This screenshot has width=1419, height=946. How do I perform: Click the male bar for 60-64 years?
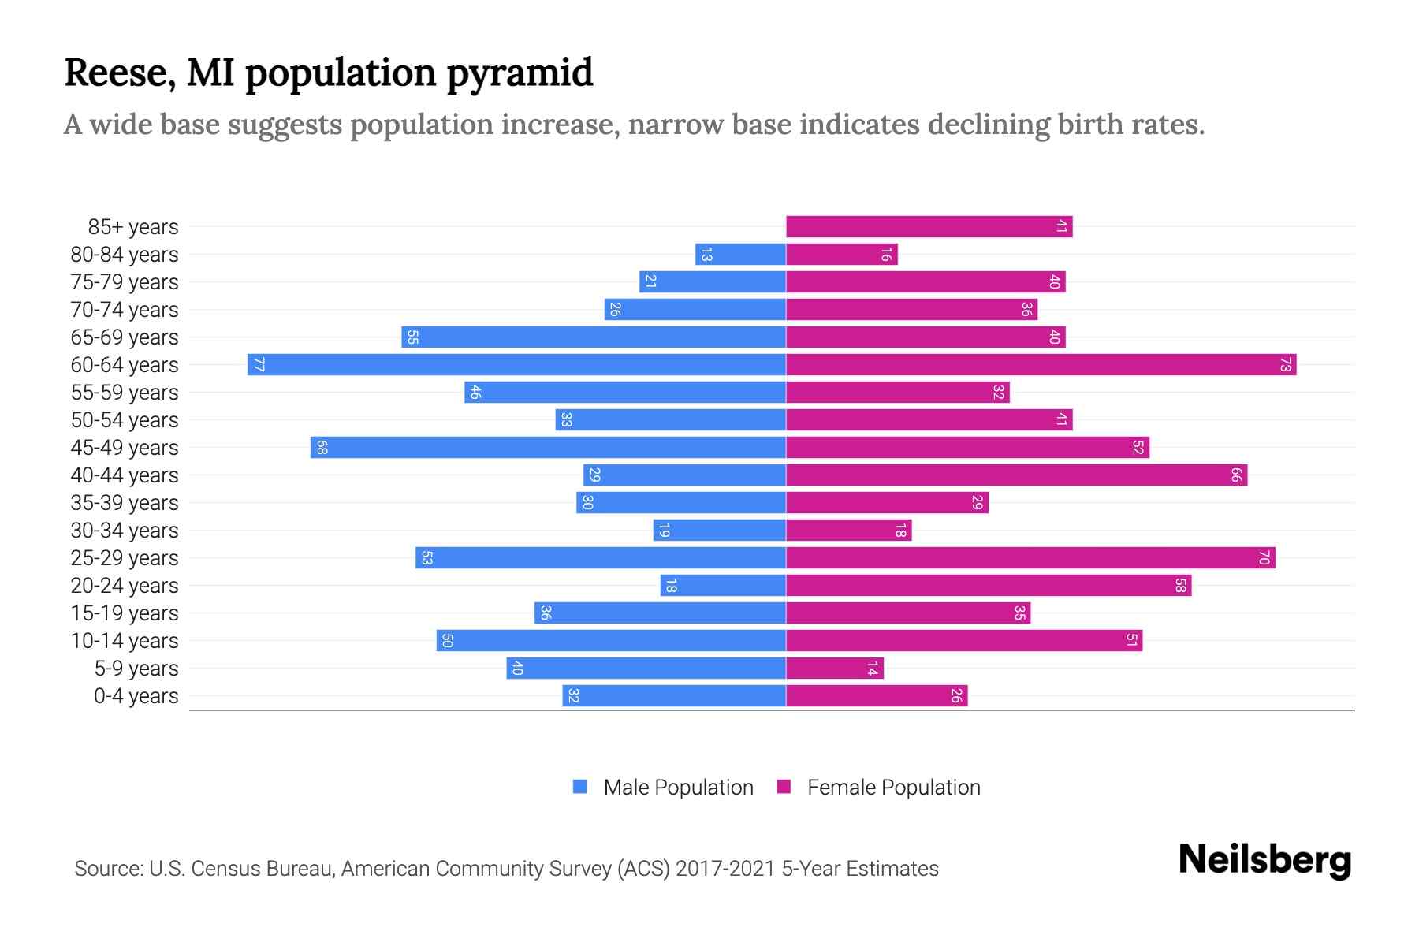click(516, 364)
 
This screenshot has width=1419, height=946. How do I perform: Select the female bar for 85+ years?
click(929, 226)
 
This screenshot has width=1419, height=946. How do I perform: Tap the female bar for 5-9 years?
click(834, 669)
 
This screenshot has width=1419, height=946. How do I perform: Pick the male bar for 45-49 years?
click(548, 447)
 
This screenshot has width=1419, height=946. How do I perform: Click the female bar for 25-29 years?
click(1030, 557)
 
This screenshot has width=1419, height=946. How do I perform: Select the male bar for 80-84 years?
click(739, 254)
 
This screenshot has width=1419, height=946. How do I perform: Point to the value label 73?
click(1285, 364)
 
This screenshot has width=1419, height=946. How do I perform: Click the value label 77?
click(259, 364)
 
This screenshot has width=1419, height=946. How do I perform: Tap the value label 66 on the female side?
click(1236, 475)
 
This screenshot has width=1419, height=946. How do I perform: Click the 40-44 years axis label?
click(125, 475)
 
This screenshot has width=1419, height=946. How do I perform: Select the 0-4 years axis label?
click(136, 696)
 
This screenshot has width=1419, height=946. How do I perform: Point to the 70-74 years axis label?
click(125, 309)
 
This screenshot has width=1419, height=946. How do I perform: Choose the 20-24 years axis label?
click(125, 585)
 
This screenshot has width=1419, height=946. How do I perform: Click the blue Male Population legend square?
click(580, 787)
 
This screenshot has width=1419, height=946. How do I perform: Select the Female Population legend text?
click(893, 787)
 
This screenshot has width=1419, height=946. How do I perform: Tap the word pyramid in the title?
click(520, 73)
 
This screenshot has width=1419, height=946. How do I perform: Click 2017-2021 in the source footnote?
click(724, 868)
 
